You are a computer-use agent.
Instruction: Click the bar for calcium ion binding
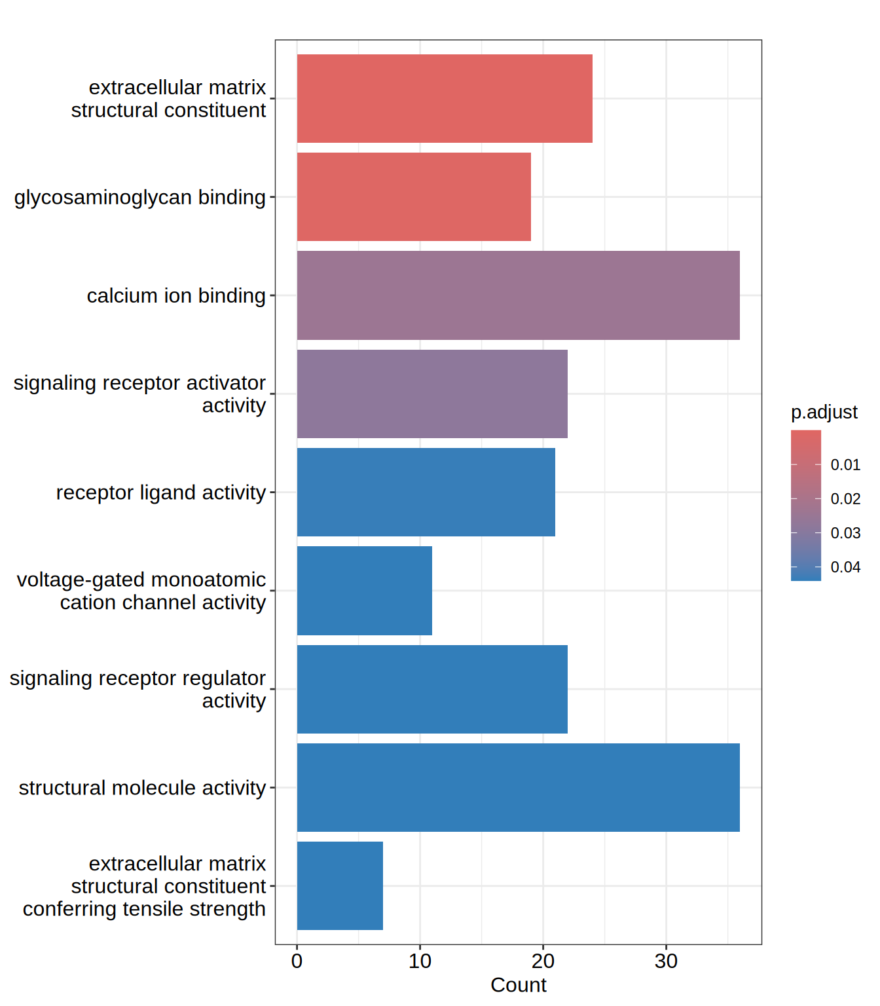pyautogui.click(x=518, y=295)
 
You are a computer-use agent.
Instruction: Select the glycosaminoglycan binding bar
pyautogui.click(x=414, y=196)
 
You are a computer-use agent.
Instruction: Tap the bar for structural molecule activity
pyautogui.click(x=518, y=787)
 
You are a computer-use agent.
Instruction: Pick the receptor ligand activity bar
pyautogui.click(x=426, y=492)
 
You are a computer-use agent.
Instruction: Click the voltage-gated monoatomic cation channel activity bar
pyautogui.click(x=364, y=591)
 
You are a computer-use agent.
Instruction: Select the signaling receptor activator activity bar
pyautogui.click(x=432, y=394)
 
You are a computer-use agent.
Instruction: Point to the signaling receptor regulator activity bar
pyautogui.click(x=432, y=689)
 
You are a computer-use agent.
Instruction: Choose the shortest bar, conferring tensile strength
pyautogui.click(x=340, y=885)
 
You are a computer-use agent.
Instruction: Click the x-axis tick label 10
pyautogui.click(x=420, y=961)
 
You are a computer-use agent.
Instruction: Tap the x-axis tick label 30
pyautogui.click(x=666, y=961)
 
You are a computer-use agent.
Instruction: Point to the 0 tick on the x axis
pyautogui.click(x=297, y=961)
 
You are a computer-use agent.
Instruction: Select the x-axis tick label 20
pyautogui.click(x=543, y=961)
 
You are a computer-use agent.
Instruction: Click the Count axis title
pyautogui.click(x=518, y=985)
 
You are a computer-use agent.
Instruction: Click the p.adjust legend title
pyautogui.click(x=824, y=412)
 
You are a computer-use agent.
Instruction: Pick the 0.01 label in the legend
pyautogui.click(x=845, y=465)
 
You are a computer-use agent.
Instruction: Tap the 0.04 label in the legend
pyautogui.click(x=845, y=567)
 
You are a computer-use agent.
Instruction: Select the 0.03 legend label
pyautogui.click(x=845, y=533)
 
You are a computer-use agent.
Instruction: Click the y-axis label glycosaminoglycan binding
pyautogui.click(x=140, y=197)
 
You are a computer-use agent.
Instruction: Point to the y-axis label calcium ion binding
pyautogui.click(x=176, y=296)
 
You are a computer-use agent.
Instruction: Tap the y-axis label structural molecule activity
pyautogui.click(x=142, y=788)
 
